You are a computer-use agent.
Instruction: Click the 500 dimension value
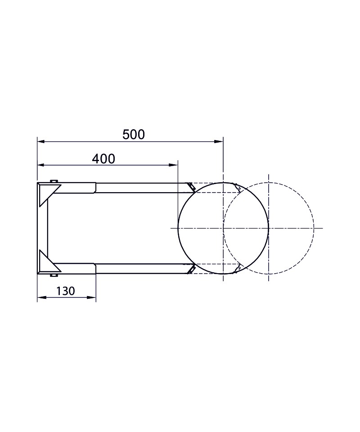pyautogui.click(x=134, y=135)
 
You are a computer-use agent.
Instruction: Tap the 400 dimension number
pyautogui.click(x=103, y=159)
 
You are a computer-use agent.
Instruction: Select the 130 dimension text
pyautogui.click(x=66, y=291)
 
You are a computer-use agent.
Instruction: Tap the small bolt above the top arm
pyautogui.click(x=54, y=181)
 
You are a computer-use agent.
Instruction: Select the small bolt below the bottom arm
pyautogui.click(x=54, y=275)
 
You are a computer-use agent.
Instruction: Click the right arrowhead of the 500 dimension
pyautogui.click(x=219, y=142)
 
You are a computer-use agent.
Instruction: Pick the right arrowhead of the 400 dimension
pyautogui.click(x=173, y=165)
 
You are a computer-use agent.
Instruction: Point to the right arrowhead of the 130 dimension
pyautogui.click(x=91, y=297)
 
